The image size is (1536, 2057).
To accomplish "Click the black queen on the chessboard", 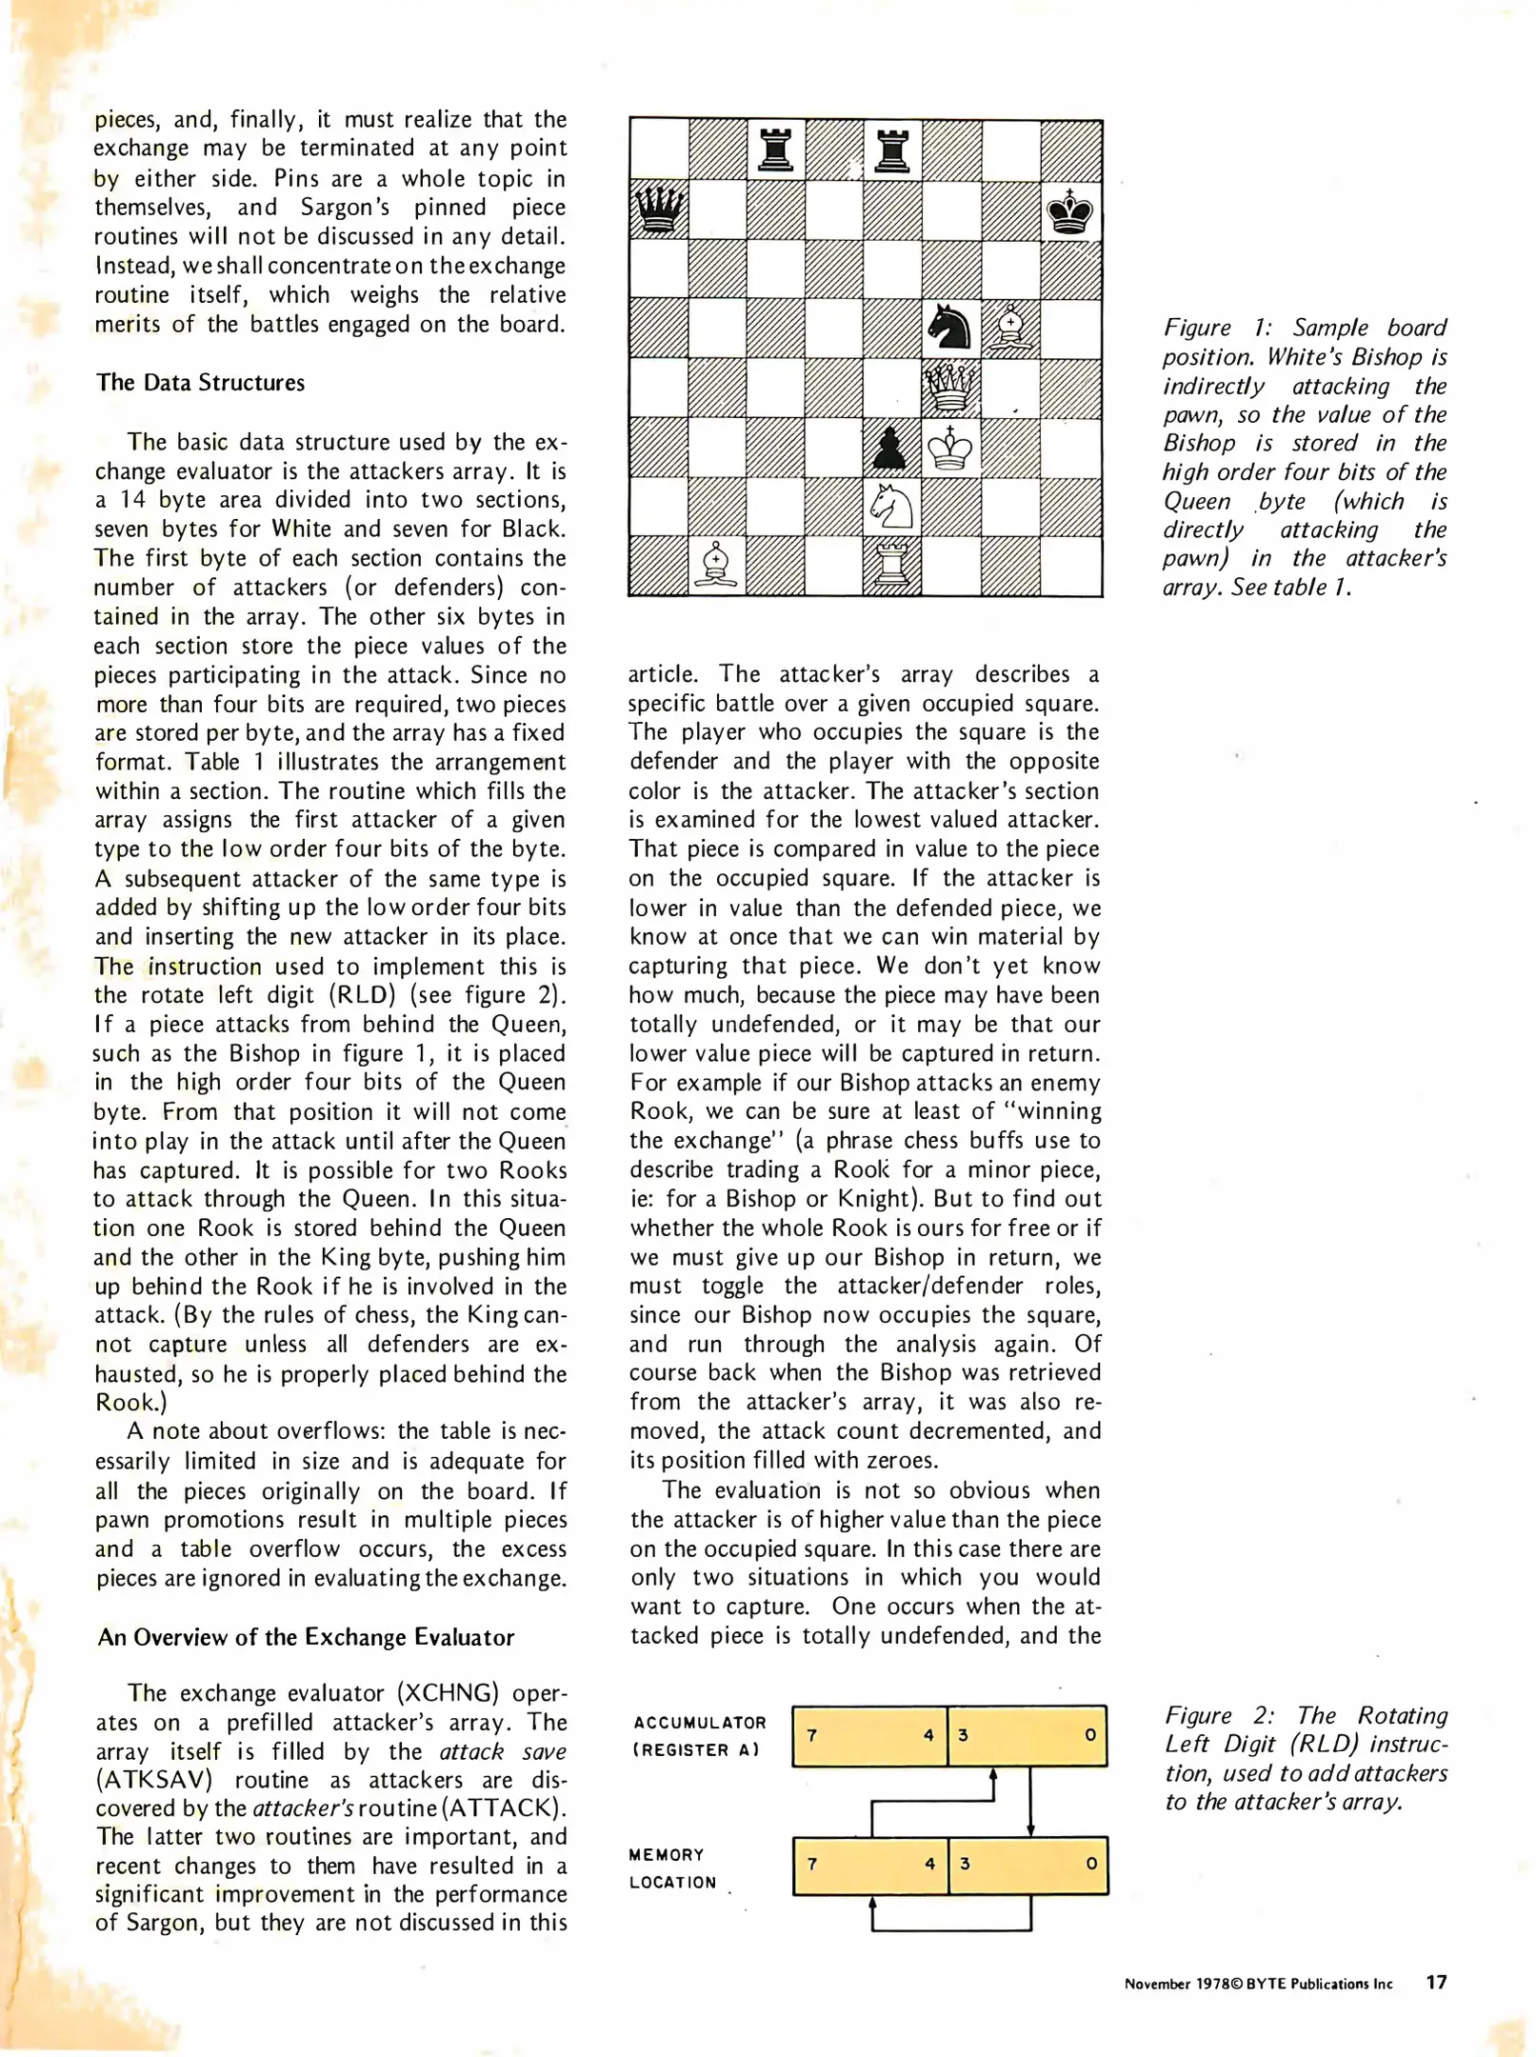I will (x=658, y=210).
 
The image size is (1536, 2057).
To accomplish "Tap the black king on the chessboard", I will (x=1069, y=211).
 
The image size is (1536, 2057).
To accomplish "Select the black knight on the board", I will (x=949, y=328).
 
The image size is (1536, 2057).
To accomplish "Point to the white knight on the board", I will (x=892, y=507).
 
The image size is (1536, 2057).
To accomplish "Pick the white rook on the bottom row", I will (x=891, y=566).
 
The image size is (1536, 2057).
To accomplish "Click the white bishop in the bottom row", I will (x=716, y=566).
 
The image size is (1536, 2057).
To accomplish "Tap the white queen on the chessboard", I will (x=950, y=387).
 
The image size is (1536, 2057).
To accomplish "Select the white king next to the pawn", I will (x=949, y=448).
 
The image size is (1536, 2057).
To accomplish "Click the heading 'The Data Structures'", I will (x=200, y=383).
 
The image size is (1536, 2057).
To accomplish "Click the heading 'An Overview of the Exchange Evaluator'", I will (x=306, y=1637).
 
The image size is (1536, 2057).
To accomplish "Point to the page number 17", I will (x=1436, y=1982).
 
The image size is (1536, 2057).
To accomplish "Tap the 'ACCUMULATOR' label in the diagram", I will (x=699, y=1723).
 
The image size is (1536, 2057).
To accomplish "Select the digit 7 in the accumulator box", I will (x=812, y=1735).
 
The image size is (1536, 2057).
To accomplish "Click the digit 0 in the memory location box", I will (x=1091, y=1863).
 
